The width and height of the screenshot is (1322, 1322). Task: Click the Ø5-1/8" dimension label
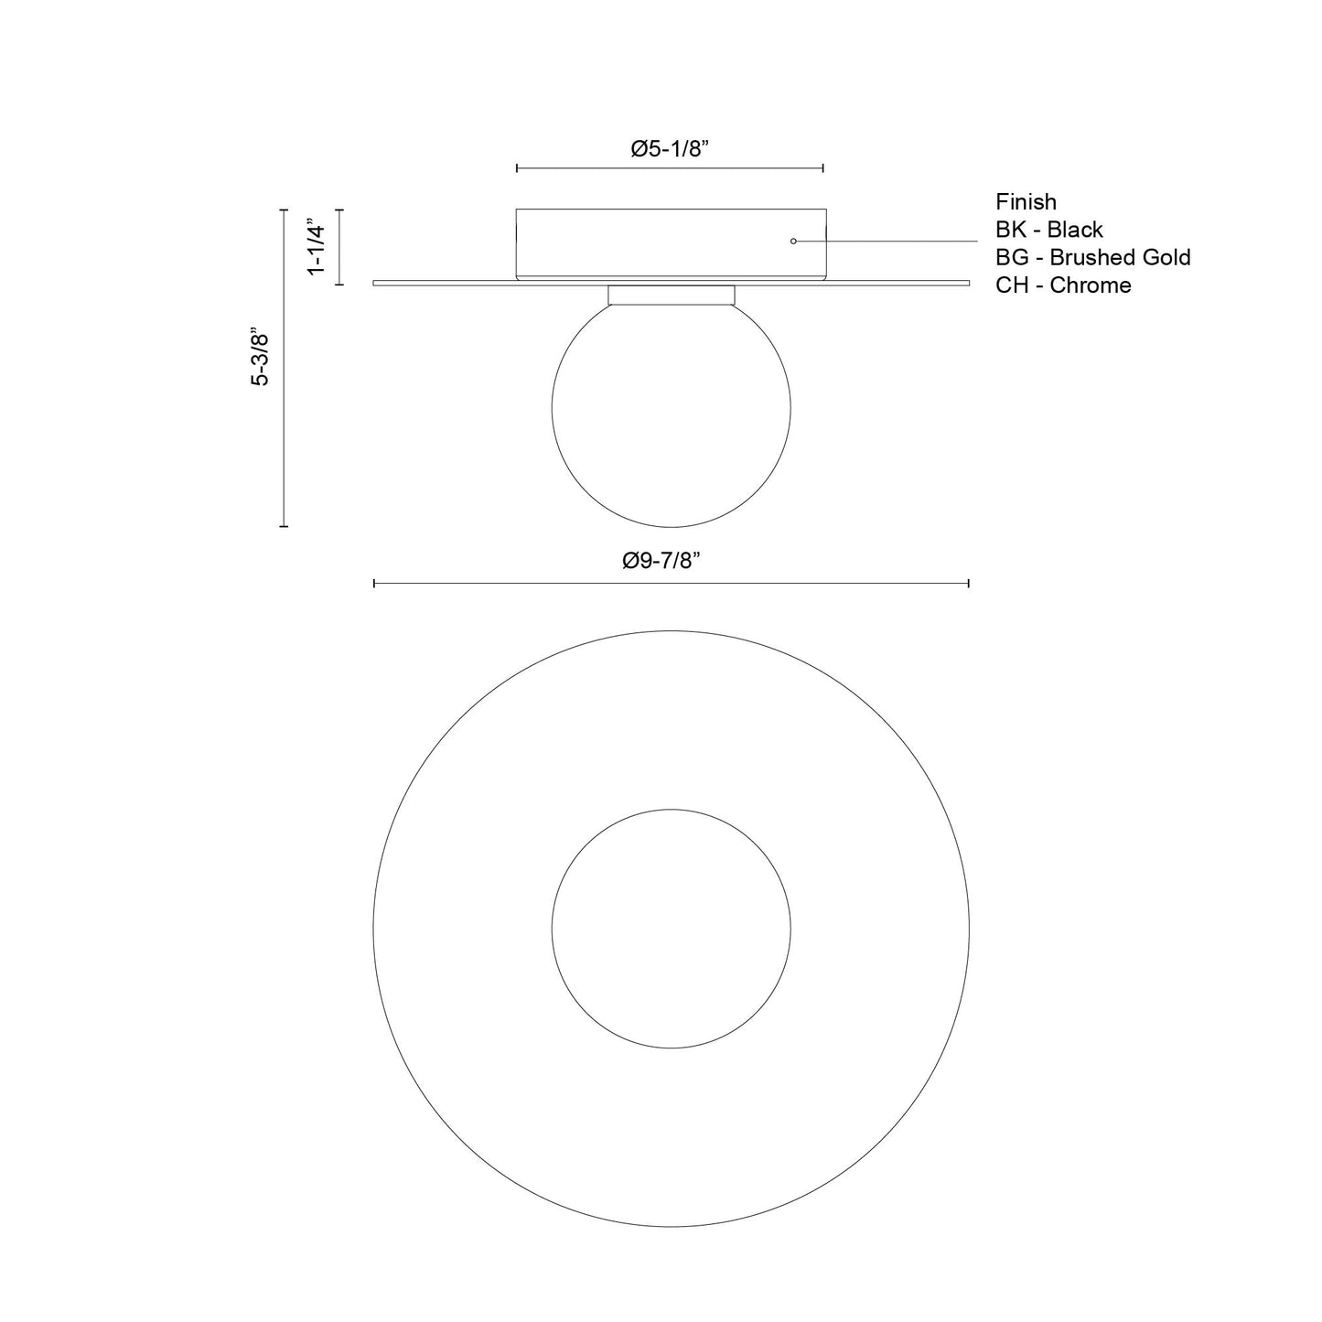click(x=671, y=150)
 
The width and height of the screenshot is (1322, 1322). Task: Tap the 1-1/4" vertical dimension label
click(x=317, y=247)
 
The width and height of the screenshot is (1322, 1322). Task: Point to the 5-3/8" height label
click(x=261, y=357)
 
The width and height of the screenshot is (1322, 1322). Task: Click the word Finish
click(x=1026, y=202)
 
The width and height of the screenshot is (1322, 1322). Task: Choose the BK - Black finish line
click(x=1049, y=230)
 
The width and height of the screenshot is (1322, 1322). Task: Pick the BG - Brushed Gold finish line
click(x=1093, y=257)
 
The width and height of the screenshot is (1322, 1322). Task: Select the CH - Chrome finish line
click(x=1063, y=285)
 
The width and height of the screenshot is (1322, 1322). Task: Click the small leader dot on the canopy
click(x=793, y=241)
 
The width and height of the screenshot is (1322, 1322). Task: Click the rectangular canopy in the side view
click(x=671, y=242)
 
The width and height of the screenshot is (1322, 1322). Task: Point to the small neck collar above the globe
click(x=672, y=295)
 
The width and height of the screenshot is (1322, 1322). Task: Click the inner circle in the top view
click(x=672, y=929)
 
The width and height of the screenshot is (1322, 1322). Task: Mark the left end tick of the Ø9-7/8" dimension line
click(x=374, y=583)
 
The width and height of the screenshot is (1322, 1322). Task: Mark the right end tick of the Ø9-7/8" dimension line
click(x=969, y=583)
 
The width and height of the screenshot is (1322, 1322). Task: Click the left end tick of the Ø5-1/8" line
click(x=517, y=168)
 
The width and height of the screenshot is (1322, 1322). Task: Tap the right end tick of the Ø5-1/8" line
click(x=823, y=168)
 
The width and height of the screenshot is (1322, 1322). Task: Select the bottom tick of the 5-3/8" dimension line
click(x=284, y=526)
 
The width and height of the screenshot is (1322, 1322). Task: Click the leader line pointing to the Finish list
click(x=897, y=241)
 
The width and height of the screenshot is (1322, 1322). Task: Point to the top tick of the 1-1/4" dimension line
click(x=340, y=210)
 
